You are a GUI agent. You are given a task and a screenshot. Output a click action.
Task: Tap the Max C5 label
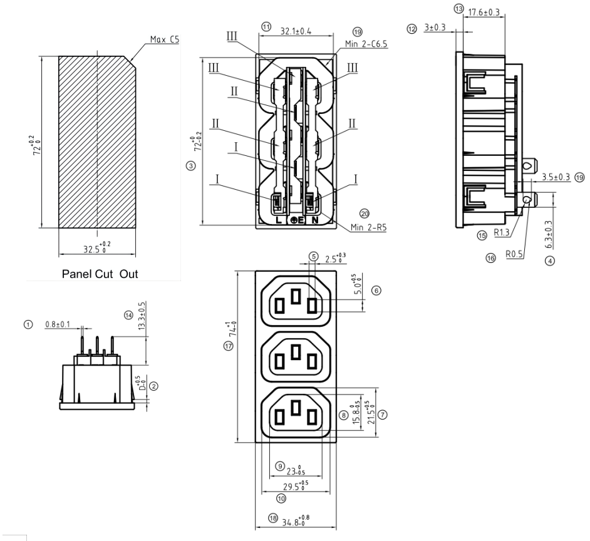[165, 39]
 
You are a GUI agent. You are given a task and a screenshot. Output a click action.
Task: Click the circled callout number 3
[191, 165]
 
